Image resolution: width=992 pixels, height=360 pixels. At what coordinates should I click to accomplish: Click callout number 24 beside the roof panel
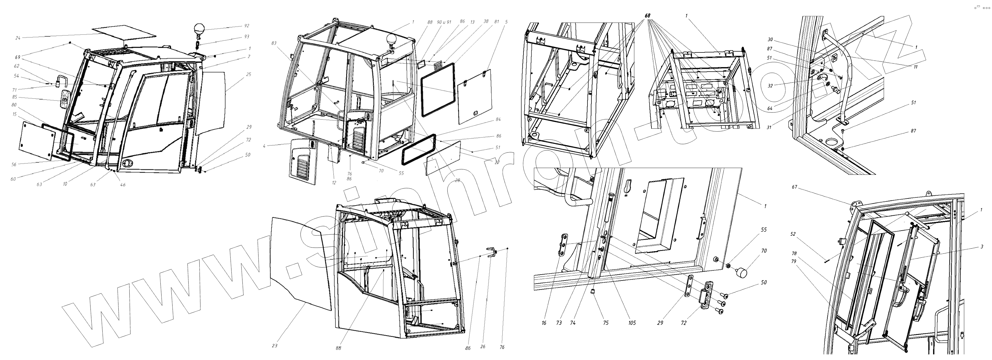click(18, 38)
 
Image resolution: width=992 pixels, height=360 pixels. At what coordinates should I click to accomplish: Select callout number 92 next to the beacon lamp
click(247, 26)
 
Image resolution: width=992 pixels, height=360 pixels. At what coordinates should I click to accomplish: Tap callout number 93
click(247, 37)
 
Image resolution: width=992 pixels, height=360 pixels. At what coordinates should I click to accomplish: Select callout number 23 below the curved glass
click(275, 346)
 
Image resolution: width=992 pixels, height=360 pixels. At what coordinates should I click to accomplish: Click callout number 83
click(274, 43)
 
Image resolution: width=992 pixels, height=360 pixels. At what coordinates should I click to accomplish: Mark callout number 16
click(544, 323)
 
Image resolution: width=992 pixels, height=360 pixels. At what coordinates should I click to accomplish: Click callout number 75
click(606, 323)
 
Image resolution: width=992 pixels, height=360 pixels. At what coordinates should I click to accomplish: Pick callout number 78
click(794, 254)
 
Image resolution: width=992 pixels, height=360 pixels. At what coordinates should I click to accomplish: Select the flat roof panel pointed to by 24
click(124, 33)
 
